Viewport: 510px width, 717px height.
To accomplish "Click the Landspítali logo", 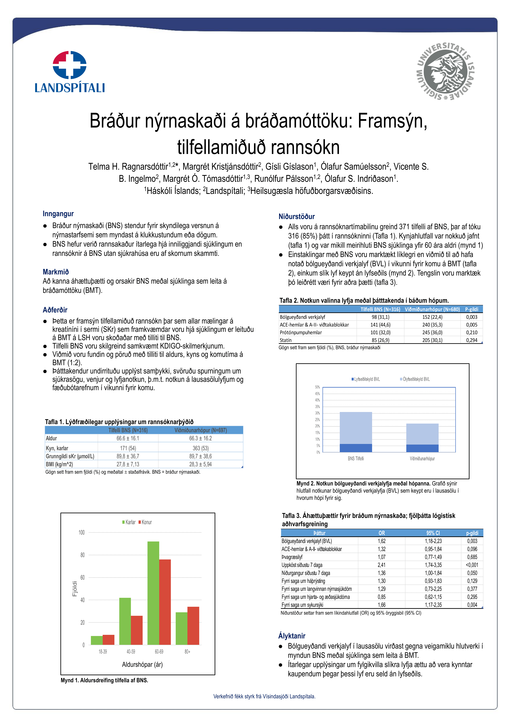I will [70, 72].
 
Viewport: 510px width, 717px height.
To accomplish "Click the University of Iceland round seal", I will [445, 71].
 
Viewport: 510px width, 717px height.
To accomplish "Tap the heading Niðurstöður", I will [296, 216].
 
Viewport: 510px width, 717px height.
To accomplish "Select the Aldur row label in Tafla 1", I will [52, 438].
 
